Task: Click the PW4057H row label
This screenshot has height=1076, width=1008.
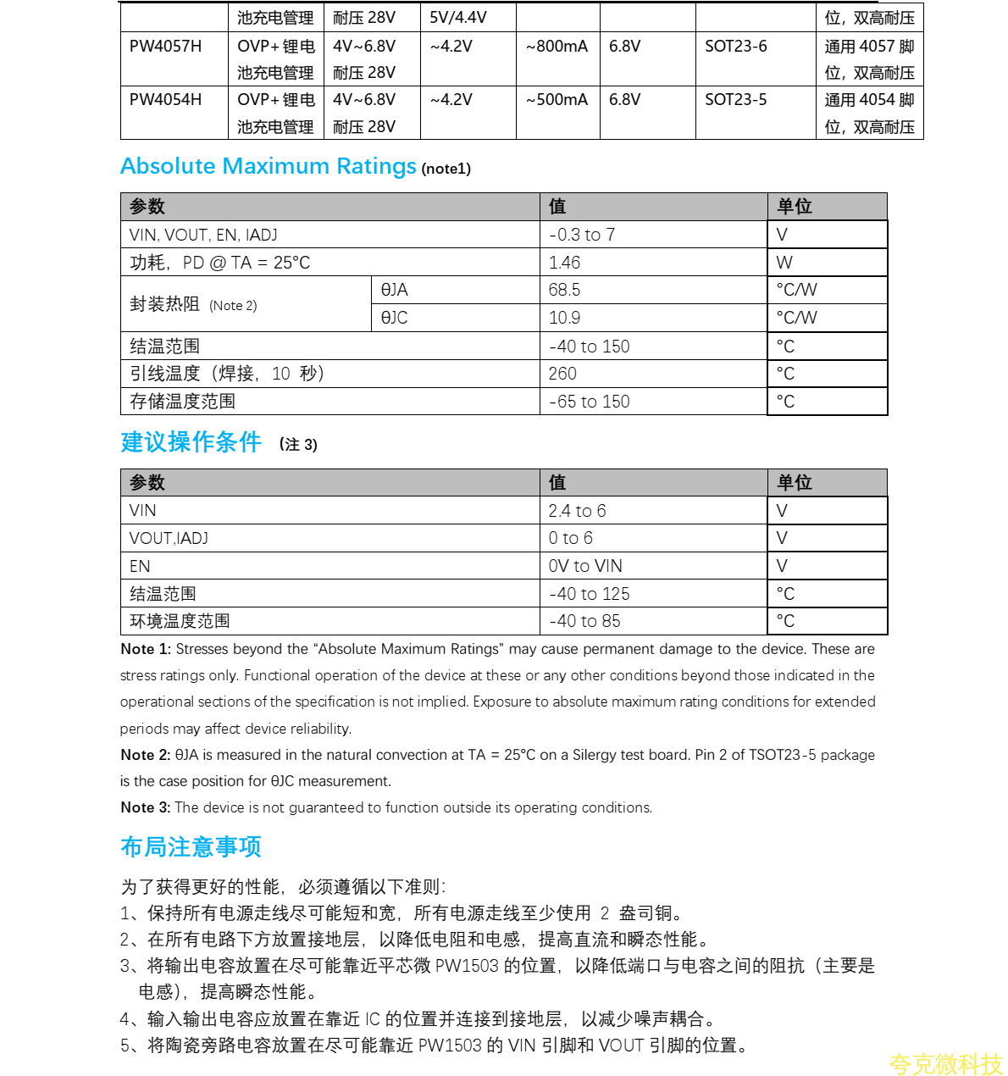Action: pos(165,47)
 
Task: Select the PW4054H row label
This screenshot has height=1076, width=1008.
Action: pos(165,100)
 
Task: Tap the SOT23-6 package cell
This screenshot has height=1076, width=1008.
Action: pos(735,47)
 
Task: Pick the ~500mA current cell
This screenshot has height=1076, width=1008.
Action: pos(557,100)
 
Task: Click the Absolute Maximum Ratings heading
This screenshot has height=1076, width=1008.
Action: pos(268,166)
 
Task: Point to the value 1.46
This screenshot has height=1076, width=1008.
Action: pos(564,263)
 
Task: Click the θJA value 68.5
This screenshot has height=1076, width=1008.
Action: pos(564,290)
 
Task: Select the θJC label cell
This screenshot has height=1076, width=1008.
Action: pos(394,318)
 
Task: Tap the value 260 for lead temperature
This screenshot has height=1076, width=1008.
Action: pos(562,374)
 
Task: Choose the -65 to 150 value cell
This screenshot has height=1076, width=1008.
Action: pos(590,402)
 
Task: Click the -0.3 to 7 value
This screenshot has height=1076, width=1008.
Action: pos(582,235)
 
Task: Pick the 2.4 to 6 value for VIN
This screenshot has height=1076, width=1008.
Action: pos(577,511)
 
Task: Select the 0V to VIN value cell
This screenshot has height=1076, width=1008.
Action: pos(585,566)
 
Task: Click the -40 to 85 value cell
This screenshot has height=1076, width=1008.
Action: pos(584,621)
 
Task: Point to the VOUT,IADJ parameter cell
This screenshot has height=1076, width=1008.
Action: pos(169,538)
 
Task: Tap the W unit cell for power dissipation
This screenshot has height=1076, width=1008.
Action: pos(784,263)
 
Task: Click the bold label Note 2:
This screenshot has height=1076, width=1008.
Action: pos(146,755)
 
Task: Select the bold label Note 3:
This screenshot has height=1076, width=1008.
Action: pos(146,807)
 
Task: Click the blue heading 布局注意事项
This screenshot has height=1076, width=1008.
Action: pos(191,846)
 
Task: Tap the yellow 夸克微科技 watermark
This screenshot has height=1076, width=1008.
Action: pos(945,1064)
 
